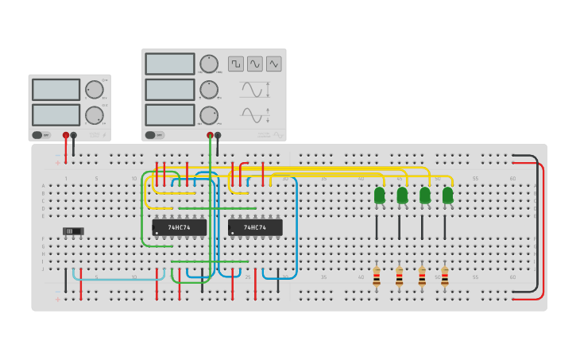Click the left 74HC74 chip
coord(179,227)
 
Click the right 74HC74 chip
coord(255,227)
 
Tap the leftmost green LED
coord(380,195)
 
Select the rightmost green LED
coord(447,195)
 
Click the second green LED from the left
coord(402,195)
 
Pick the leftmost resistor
coord(377,277)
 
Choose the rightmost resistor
coord(445,277)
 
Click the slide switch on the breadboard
coord(73,231)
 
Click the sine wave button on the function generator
coord(254,64)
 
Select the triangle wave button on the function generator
coord(273,64)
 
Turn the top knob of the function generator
coord(209,64)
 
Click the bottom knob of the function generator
coord(209,115)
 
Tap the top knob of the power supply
coord(94,89)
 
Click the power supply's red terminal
coord(66,136)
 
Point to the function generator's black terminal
coord(218,136)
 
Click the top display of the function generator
coord(169,64)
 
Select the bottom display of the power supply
coord(56,114)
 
